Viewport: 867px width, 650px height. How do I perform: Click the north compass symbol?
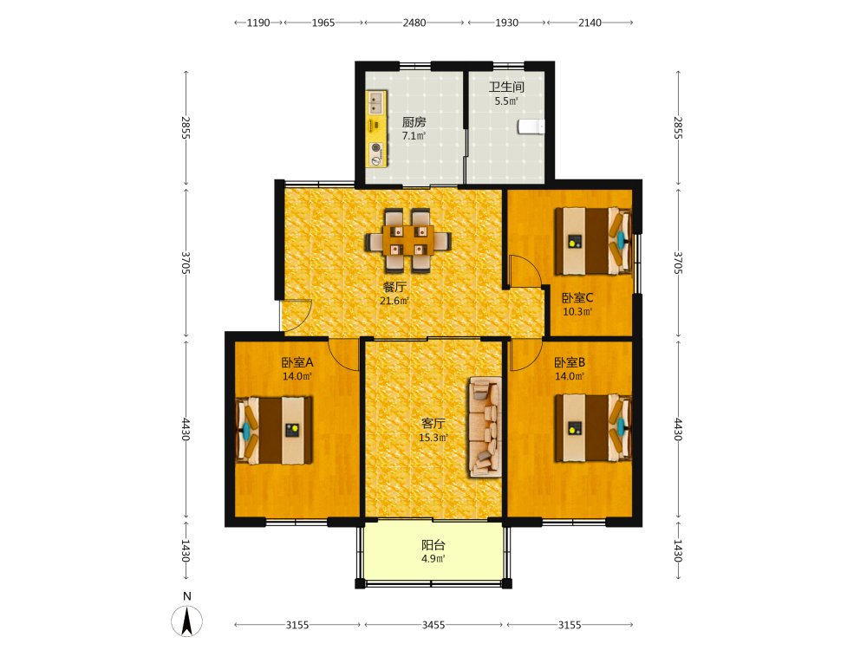[187, 621]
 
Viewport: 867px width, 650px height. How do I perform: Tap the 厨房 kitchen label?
[414, 122]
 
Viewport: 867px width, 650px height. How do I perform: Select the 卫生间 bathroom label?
[506, 87]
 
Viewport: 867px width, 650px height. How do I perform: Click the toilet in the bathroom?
[531, 127]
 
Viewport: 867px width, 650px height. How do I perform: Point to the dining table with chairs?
[408, 240]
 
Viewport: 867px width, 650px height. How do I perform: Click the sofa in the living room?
[486, 426]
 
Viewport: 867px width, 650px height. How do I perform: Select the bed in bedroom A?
[274, 430]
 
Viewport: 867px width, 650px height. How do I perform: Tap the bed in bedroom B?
[593, 428]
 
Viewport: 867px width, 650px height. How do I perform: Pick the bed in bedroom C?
[593, 241]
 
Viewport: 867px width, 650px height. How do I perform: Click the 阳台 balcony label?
[433, 545]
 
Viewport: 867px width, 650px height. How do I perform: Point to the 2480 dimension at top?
[414, 23]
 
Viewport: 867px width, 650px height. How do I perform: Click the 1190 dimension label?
[258, 23]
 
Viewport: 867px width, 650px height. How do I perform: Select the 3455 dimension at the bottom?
[433, 625]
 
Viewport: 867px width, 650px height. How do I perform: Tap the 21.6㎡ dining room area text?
[394, 302]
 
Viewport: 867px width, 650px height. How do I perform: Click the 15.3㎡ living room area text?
[433, 438]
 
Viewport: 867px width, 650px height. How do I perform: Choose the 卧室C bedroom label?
[577, 298]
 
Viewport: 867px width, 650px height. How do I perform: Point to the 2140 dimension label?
[590, 23]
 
